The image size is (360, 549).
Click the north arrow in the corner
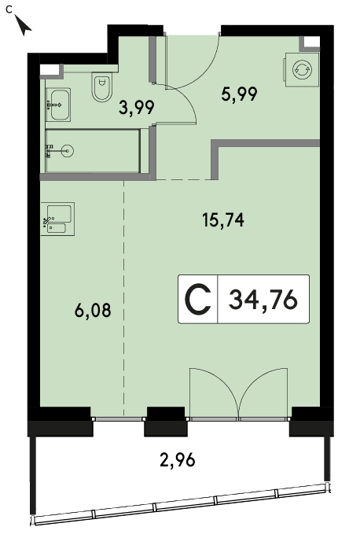pyautogui.click(x=24, y=26)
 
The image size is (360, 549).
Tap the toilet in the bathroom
pyautogui.click(x=102, y=87)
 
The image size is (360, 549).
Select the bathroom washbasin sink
pyautogui.click(x=58, y=105)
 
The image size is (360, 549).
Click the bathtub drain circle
pyautogui.click(x=67, y=151)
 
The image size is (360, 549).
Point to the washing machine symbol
pyautogui.click(x=302, y=69)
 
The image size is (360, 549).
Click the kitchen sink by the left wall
pyautogui.click(x=57, y=219)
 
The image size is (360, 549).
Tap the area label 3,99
pyautogui.click(x=137, y=108)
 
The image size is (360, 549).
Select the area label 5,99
pyautogui.click(x=239, y=94)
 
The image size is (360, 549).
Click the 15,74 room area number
pyautogui.click(x=223, y=220)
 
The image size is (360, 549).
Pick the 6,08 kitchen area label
pyautogui.click(x=93, y=310)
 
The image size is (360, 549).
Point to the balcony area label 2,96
pyautogui.click(x=178, y=459)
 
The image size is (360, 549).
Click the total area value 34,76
pyautogui.click(x=263, y=300)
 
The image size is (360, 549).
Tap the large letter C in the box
pyautogui.click(x=198, y=300)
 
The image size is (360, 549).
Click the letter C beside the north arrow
pyautogui.click(x=9, y=9)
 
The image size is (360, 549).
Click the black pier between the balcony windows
pyautogui.click(x=166, y=422)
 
